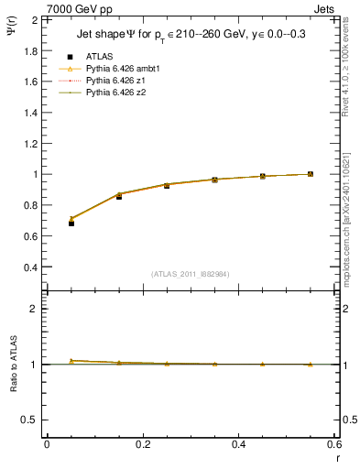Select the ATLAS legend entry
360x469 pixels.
pos(100,56)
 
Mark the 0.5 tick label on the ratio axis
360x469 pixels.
pos(28,420)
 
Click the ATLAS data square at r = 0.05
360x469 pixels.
pos(71,223)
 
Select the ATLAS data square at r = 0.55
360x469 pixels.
pos(311,174)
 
